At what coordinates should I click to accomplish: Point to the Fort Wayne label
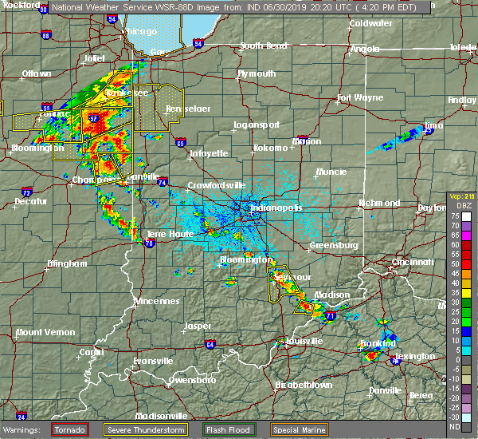pos(355,99)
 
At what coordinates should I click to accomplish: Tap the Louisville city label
pos(304,341)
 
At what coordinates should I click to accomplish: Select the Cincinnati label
pos(413,263)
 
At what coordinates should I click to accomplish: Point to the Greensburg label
pos(333,245)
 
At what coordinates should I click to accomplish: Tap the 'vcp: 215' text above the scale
pos(461,196)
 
